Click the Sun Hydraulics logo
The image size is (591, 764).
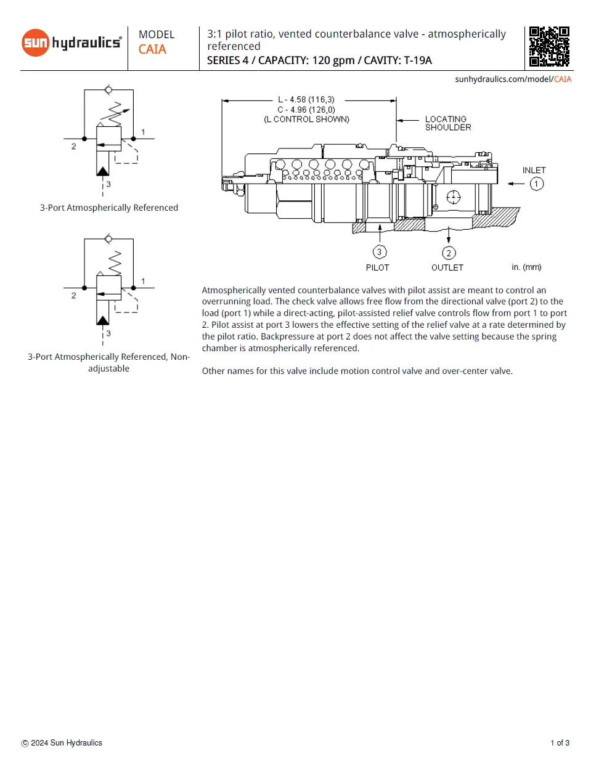pyautogui.click(x=71, y=43)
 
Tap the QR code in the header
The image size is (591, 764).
pyautogui.click(x=548, y=46)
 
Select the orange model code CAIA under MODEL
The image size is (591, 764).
pyautogui.click(x=152, y=49)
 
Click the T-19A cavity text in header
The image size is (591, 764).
pyautogui.click(x=417, y=60)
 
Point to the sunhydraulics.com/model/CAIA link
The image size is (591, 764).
pyautogui.click(x=513, y=79)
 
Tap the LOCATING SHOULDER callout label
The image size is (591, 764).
pyautogui.click(x=447, y=123)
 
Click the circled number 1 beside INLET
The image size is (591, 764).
pyautogui.click(x=536, y=184)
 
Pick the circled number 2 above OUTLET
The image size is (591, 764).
pyautogui.click(x=449, y=253)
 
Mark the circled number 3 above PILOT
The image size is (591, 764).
pyautogui.click(x=380, y=252)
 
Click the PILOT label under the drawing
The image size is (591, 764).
pyautogui.click(x=377, y=267)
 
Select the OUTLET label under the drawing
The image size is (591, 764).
pyautogui.click(x=447, y=267)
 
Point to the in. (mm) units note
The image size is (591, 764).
pyautogui.click(x=526, y=267)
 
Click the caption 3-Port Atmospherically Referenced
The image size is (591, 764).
pyautogui.click(x=109, y=208)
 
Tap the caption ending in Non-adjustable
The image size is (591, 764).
pyautogui.click(x=108, y=362)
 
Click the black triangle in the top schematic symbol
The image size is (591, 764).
pyautogui.click(x=103, y=171)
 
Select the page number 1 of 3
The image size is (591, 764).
pyautogui.click(x=560, y=742)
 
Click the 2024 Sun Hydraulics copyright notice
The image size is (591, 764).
pyautogui.click(x=62, y=742)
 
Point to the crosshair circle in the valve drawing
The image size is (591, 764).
pyautogui.click(x=453, y=197)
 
